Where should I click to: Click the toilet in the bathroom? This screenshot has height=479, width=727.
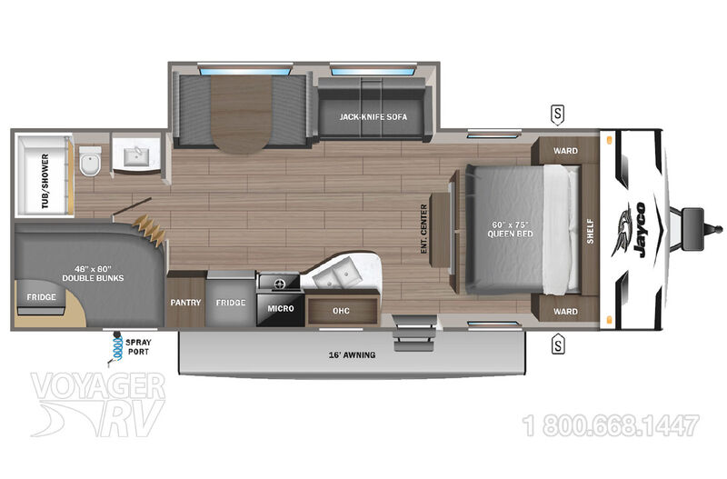pyautogui.click(x=90, y=161)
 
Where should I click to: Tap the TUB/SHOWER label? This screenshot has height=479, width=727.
pyautogui.click(x=45, y=181)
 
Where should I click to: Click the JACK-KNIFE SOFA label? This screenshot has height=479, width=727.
pyautogui.click(x=373, y=117)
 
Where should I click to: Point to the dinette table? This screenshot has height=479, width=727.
pyautogui.click(x=241, y=115)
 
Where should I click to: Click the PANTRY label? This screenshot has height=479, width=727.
pyautogui.click(x=185, y=303)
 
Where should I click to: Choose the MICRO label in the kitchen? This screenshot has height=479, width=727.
pyautogui.click(x=281, y=308)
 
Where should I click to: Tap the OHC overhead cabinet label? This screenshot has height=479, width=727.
pyautogui.click(x=341, y=311)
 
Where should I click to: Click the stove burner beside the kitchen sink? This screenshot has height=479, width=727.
pyautogui.click(x=280, y=284)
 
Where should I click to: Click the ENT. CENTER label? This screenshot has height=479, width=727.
pyautogui.click(x=423, y=229)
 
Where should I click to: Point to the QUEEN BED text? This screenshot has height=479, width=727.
pyautogui.click(x=510, y=235)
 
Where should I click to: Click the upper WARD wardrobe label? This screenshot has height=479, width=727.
pyautogui.click(x=565, y=151)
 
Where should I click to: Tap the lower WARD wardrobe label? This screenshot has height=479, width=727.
pyautogui.click(x=565, y=312)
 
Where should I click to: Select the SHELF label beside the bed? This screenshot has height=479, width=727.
pyautogui.click(x=590, y=231)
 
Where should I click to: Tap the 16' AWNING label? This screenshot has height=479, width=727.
pyautogui.click(x=352, y=355)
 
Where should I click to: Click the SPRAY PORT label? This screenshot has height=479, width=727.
pyautogui.click(x=138, y=347)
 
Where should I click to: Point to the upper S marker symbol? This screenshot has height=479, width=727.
pyautogui.click(x=558, y=115)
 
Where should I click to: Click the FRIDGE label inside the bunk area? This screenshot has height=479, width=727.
pyautogui.click(x=41, y=297)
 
